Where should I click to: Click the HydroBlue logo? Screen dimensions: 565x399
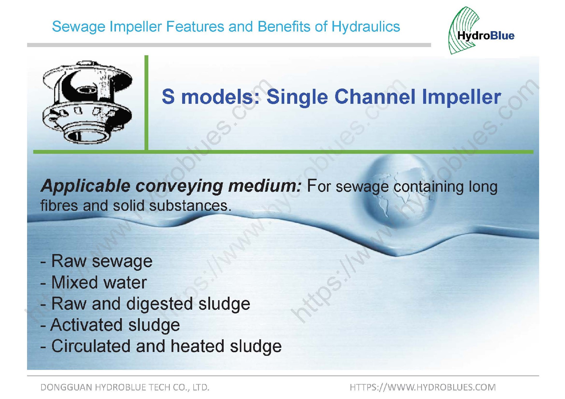[481, 31]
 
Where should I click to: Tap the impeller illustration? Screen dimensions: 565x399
[87, 103]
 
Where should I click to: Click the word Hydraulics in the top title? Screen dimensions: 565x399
[366, 26]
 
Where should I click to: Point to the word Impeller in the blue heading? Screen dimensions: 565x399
[461, 97]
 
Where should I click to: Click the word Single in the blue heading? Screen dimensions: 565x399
[297, 97]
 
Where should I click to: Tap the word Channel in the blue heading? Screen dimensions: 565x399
[375, 97]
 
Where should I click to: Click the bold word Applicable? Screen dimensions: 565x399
[86, 186]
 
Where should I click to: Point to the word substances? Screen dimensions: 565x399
[190, 206]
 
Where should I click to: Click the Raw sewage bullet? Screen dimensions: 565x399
[97, 261]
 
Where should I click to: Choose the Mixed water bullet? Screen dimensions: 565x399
[94, 282]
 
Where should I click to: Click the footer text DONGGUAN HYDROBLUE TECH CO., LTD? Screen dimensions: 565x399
[125, 387]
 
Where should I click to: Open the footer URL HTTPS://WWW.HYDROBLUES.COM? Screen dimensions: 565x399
[423, 387]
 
